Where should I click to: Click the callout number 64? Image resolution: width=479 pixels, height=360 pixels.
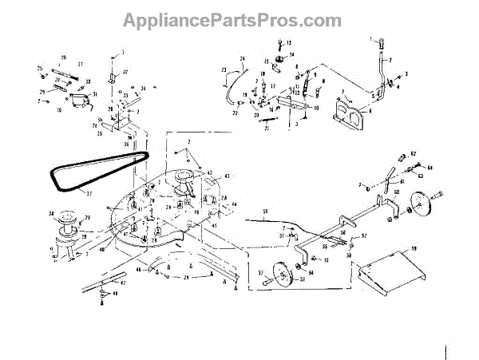[430, 168]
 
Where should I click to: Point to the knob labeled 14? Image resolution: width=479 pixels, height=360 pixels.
[280, 62]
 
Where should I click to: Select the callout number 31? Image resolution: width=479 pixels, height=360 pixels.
[94, 94]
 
